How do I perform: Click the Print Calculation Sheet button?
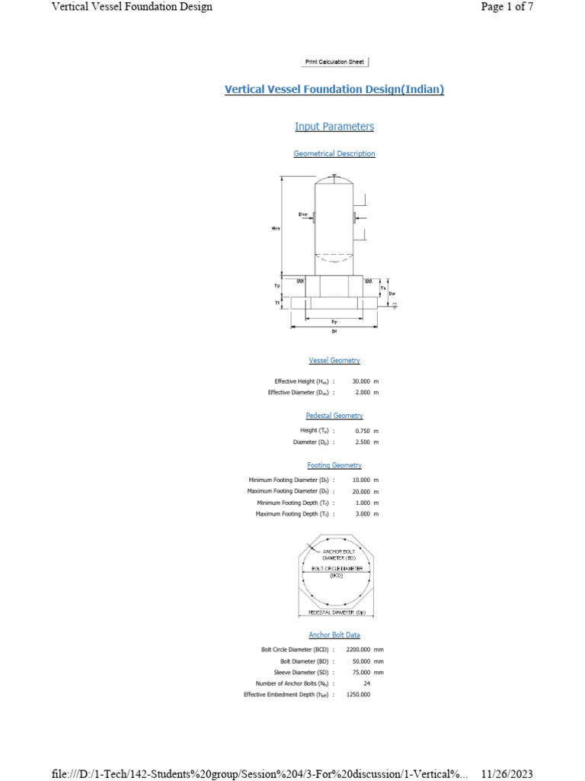334,62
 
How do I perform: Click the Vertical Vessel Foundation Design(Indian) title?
334,89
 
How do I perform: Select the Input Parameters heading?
334,126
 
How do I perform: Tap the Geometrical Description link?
334,153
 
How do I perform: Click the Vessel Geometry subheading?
334,360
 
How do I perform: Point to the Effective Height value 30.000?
362,381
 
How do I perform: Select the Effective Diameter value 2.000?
363,392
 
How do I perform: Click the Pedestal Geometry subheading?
334,416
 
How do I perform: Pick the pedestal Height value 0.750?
363,430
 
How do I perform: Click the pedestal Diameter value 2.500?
363,442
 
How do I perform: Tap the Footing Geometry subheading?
334,465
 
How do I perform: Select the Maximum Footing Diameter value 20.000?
362,491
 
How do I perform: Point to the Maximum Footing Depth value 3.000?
363,514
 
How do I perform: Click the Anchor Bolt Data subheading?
334,635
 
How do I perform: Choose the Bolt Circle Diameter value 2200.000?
358,649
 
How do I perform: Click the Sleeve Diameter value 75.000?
361,672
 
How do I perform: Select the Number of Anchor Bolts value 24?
367,683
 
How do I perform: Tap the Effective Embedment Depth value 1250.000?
358,695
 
